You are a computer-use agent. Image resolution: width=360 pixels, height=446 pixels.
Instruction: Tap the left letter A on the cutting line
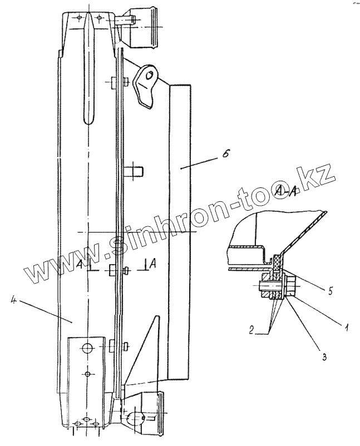[81, 262]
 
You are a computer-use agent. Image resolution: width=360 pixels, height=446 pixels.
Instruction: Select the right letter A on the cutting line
[152, 262]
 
